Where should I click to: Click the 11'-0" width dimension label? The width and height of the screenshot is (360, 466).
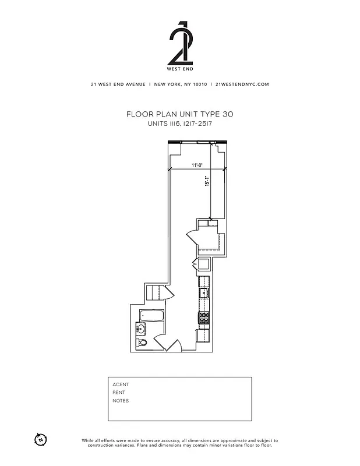pos(196,165)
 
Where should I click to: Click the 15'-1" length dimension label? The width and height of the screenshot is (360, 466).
pos(206,182)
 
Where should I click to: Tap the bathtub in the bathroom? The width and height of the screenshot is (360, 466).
pos(151,317)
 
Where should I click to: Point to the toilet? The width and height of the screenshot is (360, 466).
pos(143,343)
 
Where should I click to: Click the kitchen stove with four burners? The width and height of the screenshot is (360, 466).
pos(204,318)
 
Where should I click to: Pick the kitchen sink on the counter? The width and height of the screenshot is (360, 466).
pos(204,292)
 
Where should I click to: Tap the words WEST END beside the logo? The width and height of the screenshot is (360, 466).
pos(179,68)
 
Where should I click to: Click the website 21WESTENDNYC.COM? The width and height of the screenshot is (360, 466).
pos(242,84)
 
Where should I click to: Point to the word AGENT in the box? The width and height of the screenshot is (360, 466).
pos(121,384)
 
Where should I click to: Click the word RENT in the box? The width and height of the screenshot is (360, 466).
pos(119,393)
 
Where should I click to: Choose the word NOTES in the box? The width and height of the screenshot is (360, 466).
pos(121,401)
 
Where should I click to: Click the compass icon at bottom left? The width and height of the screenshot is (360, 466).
pos(40,438)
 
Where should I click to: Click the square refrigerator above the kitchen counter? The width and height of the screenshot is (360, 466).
pos(204,264)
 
